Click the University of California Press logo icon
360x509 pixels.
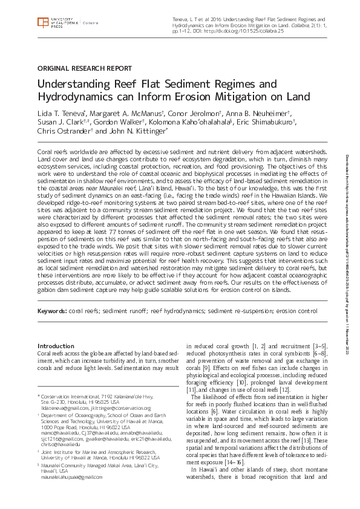[42, 22]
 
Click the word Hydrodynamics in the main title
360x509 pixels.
[76, 97]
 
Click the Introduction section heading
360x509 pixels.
[56, 346]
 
